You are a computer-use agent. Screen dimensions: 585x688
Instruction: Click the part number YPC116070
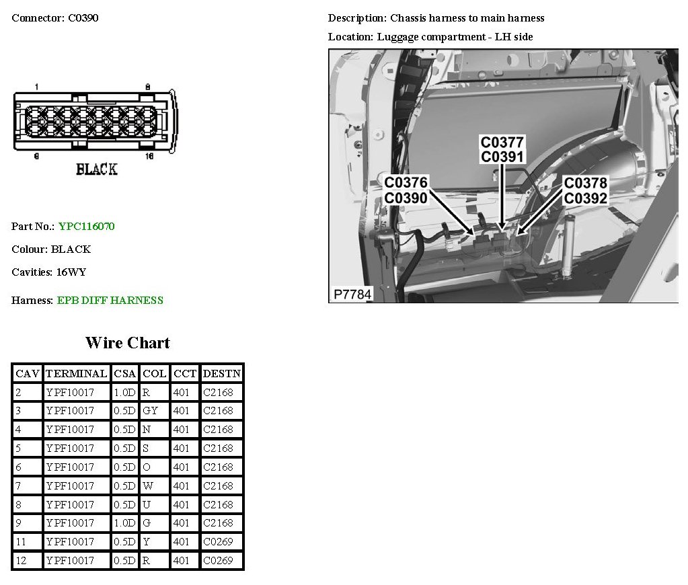pyautogui.click(x=86, y=227)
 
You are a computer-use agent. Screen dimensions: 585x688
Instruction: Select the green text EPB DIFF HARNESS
pyautogui.click(x=110, y=301)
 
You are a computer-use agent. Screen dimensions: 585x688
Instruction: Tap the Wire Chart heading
pyautogui.click(x=128, y=343)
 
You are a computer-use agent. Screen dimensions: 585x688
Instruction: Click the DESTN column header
pyautogui.click(x=221, y=373)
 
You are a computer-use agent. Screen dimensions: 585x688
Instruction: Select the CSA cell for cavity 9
pyautogui.click(x=124, y=522)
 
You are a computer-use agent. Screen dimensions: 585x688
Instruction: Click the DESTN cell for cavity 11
pyautogui.click(x=221, y=541)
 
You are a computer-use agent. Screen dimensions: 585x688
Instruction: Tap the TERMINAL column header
pyautogui.click(x=76, y=373)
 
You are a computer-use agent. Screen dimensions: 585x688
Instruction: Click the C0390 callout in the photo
pyautogui.click(x=406, y=198)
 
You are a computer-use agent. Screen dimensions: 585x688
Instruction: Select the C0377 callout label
pyautogui.click(x=502, y=143)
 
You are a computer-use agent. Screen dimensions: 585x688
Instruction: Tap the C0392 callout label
pyautogui.click(x=585, y=198)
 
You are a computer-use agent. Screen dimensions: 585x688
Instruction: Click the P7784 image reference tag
pyautogui.click(x=352, y=295)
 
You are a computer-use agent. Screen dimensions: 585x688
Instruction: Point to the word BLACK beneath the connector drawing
pyautogui.click(x=97, y=169)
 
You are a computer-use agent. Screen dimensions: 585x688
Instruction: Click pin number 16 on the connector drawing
pyautogui.click(x=149, y=156)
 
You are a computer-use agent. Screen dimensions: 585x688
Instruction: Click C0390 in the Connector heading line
pyautogui.click(x=83, y=18)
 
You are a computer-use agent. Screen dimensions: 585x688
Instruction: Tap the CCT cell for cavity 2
pyautogui.click(x=181, y=392)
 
